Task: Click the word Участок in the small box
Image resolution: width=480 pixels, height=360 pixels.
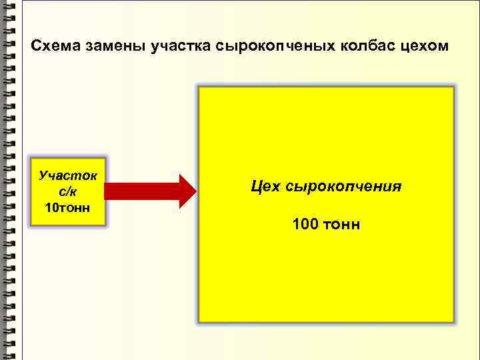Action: click(x=68, y=177)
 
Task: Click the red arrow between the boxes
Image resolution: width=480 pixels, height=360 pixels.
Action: click(x=151, y=192)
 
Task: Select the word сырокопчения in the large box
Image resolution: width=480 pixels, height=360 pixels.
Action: click(x=344, y=186)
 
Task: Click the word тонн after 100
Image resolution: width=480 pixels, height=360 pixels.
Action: click(x=344, y=225)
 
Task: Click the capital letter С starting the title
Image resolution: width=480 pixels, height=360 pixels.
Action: click(x=36, y=47)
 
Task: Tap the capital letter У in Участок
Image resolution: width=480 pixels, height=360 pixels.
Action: click(x=44, y=177)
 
